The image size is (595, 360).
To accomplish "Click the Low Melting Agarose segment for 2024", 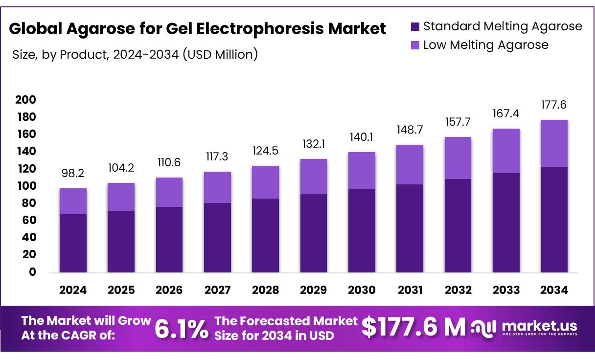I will tap(73, 201).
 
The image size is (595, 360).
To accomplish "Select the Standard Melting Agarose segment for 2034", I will tap(554, 219).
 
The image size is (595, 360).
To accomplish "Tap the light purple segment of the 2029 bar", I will tap(314, 177).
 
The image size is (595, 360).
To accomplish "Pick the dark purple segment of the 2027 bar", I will tap(217, 237).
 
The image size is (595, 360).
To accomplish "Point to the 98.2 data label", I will tap(73, 173).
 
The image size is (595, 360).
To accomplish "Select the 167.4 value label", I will tap(506, 113).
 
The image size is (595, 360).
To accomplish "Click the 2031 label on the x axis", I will tap(410, 290).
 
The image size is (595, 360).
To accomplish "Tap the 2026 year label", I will tap(169, 290).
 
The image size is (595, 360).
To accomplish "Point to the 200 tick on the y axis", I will tap(25, 100).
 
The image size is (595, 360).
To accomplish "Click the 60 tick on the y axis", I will tap(29, 220).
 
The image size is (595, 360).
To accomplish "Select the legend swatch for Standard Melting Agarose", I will tap(415, 26).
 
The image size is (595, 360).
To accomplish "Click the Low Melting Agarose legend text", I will tap(485, 45).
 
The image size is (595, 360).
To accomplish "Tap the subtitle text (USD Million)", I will tap(220, 54).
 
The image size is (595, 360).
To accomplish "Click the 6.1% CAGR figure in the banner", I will tap(181, 329).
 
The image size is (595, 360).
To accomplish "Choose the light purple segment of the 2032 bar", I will tap(458, 158).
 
